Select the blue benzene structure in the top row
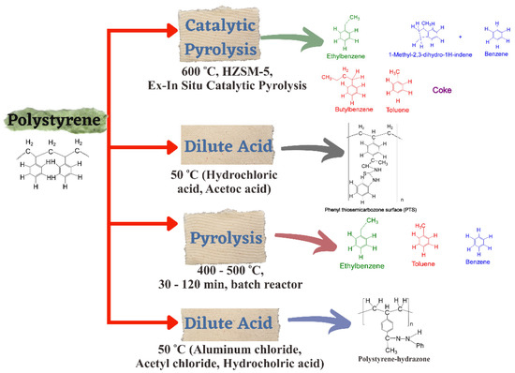coord(489,37)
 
